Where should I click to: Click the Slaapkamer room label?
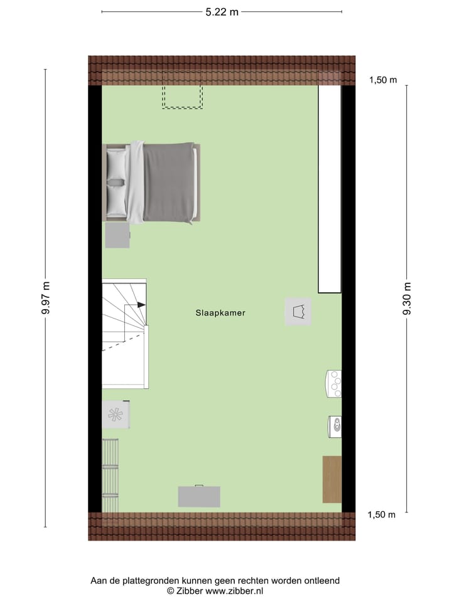point(220,312)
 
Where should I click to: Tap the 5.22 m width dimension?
point(222,11)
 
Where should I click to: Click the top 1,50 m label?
point(383,80)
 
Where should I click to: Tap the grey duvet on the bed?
point(168,182)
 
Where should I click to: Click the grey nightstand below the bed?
point(117,236)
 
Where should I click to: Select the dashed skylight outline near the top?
point(183,97)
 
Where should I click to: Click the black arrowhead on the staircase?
point(141,304)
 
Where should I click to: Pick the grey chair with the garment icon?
point(298,311)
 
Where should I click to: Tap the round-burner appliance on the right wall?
point(334,384)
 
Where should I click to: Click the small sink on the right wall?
point(335,426)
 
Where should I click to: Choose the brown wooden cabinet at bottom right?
point(332,479)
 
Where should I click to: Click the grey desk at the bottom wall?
point(199,496)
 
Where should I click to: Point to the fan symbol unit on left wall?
point(116,415)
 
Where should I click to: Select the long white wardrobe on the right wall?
point(330,188)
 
